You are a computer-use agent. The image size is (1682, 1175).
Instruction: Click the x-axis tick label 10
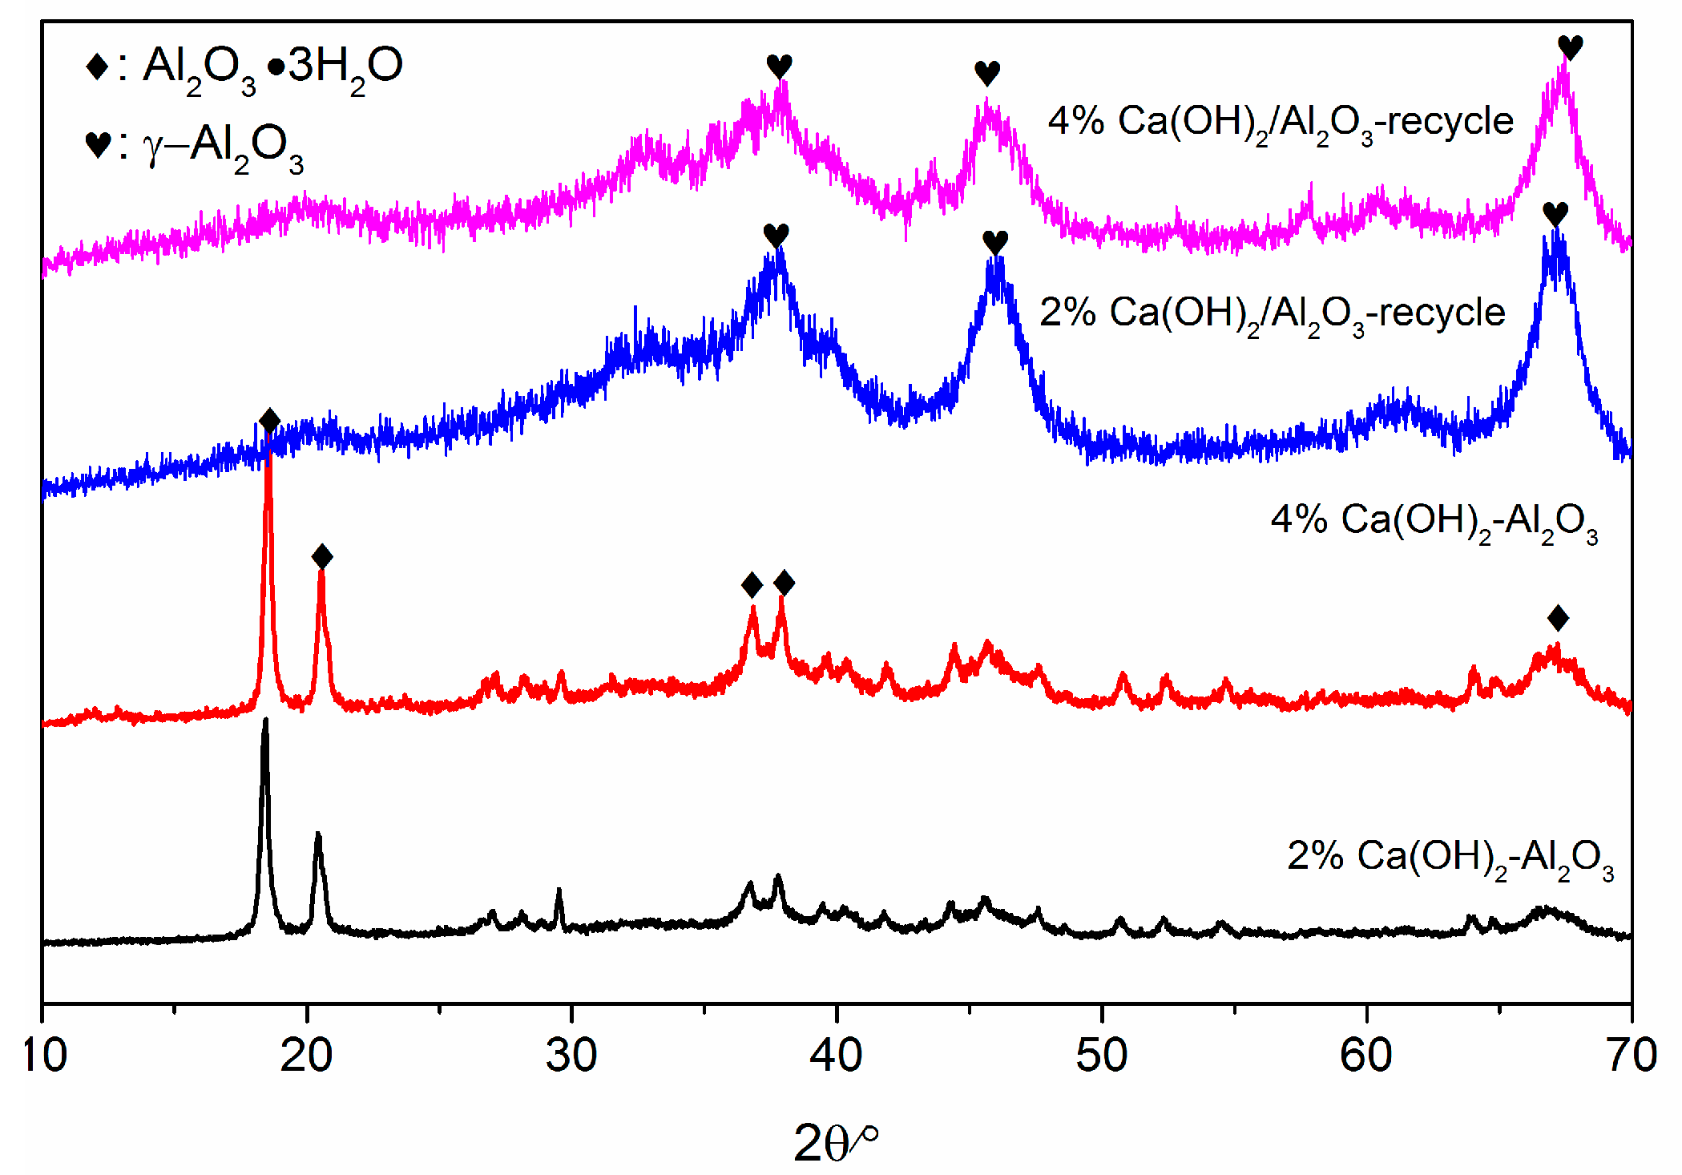[x=44, y=1056]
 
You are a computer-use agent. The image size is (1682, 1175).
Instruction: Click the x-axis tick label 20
[x=307, y=1056]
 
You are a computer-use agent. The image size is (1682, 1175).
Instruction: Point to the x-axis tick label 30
[x=571, y=1056]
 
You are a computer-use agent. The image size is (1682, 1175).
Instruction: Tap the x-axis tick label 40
[x=836, y=1056]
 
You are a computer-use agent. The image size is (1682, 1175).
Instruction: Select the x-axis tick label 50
[x=1101, y=1056]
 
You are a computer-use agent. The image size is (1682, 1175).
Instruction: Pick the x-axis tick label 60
[x=1365, y=1056]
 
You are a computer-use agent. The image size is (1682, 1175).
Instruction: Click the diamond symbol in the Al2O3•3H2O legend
[x=97, y=67]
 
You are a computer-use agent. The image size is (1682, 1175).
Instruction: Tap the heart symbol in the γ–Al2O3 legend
[x=98, y=145]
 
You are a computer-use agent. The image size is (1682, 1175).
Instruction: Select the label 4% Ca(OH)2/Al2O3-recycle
[x=1281, y=123]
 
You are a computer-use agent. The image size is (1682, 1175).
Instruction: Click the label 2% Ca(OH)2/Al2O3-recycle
[x=1272, y=313]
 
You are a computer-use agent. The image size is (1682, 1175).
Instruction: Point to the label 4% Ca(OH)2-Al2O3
[x=1434, y=521]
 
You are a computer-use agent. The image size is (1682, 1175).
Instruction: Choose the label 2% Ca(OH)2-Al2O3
[x=1450, y=858]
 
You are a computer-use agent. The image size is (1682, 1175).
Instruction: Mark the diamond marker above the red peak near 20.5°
[x=321, y=556]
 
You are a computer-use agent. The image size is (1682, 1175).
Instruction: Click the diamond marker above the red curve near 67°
[x=1558, y=618]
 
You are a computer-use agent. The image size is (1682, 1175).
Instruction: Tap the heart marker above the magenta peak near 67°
[x=1570, y=47]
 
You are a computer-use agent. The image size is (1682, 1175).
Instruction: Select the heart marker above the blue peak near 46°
[x=994, y=241]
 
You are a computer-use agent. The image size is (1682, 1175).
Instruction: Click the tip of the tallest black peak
[x=265, y=721]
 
